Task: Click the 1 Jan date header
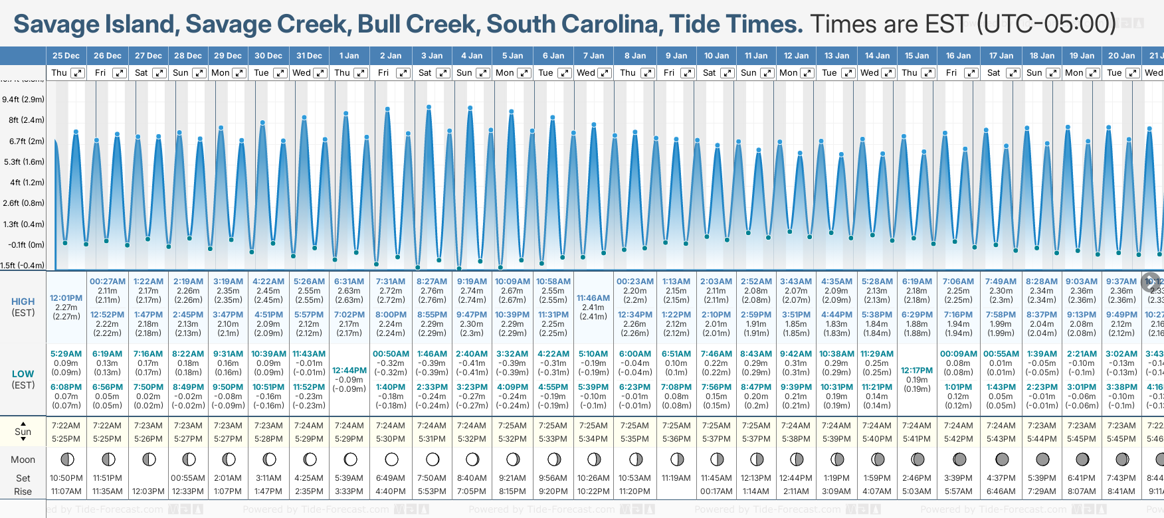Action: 349,56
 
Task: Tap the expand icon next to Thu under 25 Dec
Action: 78,73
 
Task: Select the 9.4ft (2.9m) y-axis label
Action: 23,100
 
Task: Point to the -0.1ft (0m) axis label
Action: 27,244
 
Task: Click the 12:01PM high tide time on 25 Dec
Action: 66,298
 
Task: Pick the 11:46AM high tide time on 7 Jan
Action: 593,298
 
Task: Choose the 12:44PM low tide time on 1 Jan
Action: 349,371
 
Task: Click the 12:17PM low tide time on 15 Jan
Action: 917,371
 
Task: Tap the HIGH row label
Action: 23,302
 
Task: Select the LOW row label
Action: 23,374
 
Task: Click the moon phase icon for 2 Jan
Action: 391,459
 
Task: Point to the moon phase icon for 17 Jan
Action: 1002,459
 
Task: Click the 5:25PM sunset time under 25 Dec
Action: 66,439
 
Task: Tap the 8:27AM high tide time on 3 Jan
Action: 432,282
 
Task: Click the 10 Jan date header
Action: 716,56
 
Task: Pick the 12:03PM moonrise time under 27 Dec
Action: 148,491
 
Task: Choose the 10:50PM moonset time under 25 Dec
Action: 66,478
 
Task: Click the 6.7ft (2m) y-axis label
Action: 27,141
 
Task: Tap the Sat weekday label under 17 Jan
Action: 994,73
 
